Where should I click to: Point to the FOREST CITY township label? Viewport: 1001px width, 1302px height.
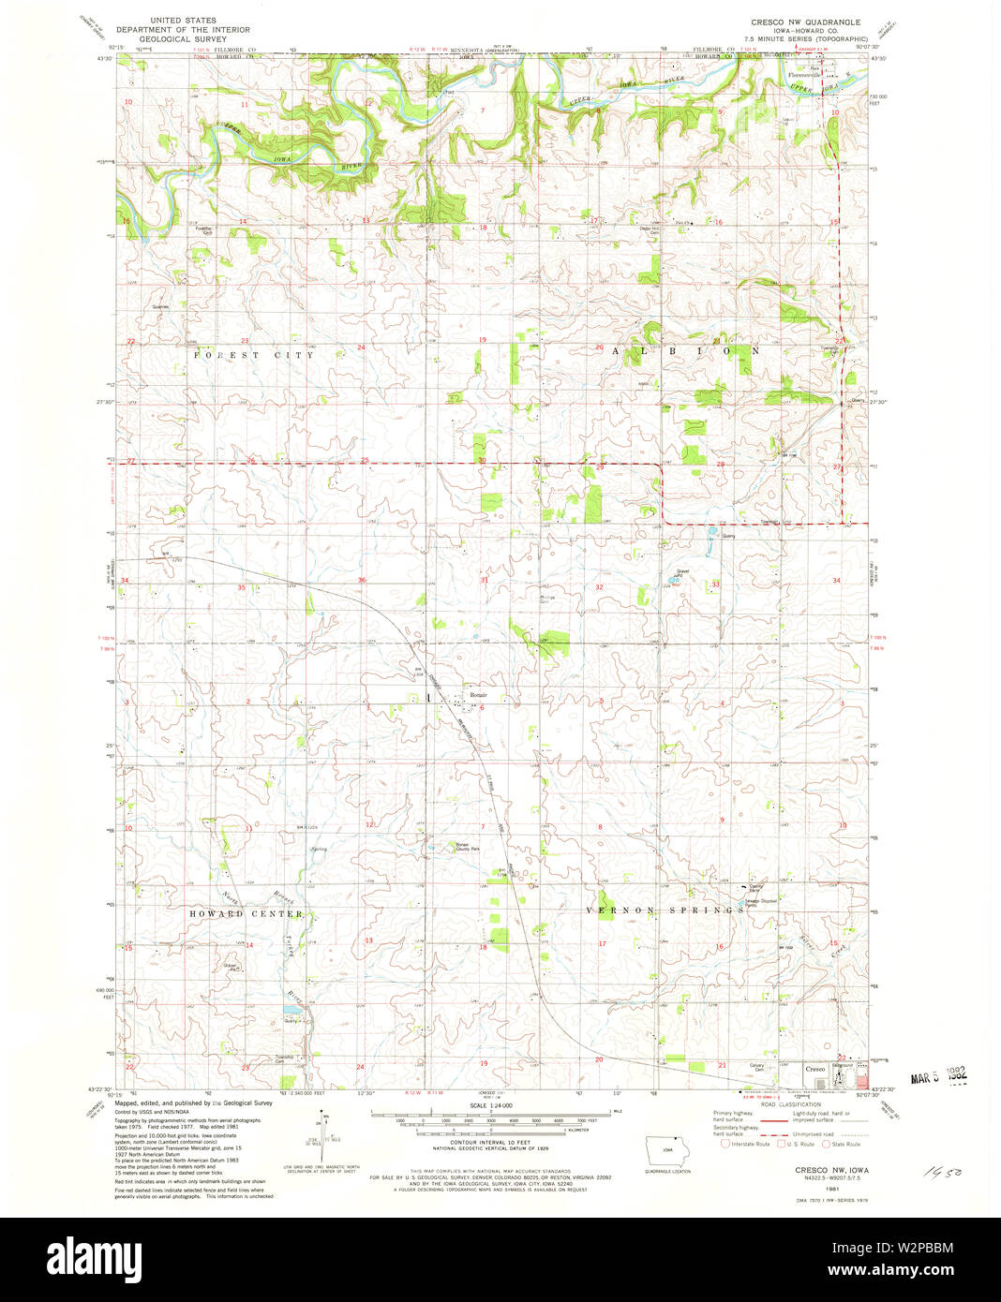tap(254, 356)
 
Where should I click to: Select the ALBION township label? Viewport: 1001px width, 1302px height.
tap(687, 350)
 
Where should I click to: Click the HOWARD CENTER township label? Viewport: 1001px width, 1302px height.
tap(247, 913)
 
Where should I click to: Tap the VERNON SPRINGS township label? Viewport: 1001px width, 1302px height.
tap(665, 910)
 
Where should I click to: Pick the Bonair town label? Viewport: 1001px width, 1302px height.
tap(479, 695)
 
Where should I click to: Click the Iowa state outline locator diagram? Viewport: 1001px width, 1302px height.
tap(666, 1149)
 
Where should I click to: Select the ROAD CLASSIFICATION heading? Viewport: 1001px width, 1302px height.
tap(793, 1104)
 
